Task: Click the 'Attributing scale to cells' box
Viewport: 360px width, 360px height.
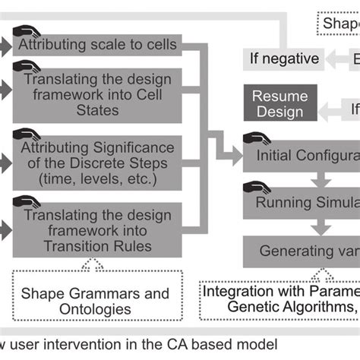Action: click(x=99, y=45)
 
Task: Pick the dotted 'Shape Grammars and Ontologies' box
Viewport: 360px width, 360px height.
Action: click(x=95, y=301)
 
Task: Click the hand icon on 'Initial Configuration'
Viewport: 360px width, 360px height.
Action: click(x=256, y=141)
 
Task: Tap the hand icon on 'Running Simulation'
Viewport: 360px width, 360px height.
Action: click(x=256, y=188)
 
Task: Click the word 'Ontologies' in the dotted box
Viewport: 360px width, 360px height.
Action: click(x=94, y=309)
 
